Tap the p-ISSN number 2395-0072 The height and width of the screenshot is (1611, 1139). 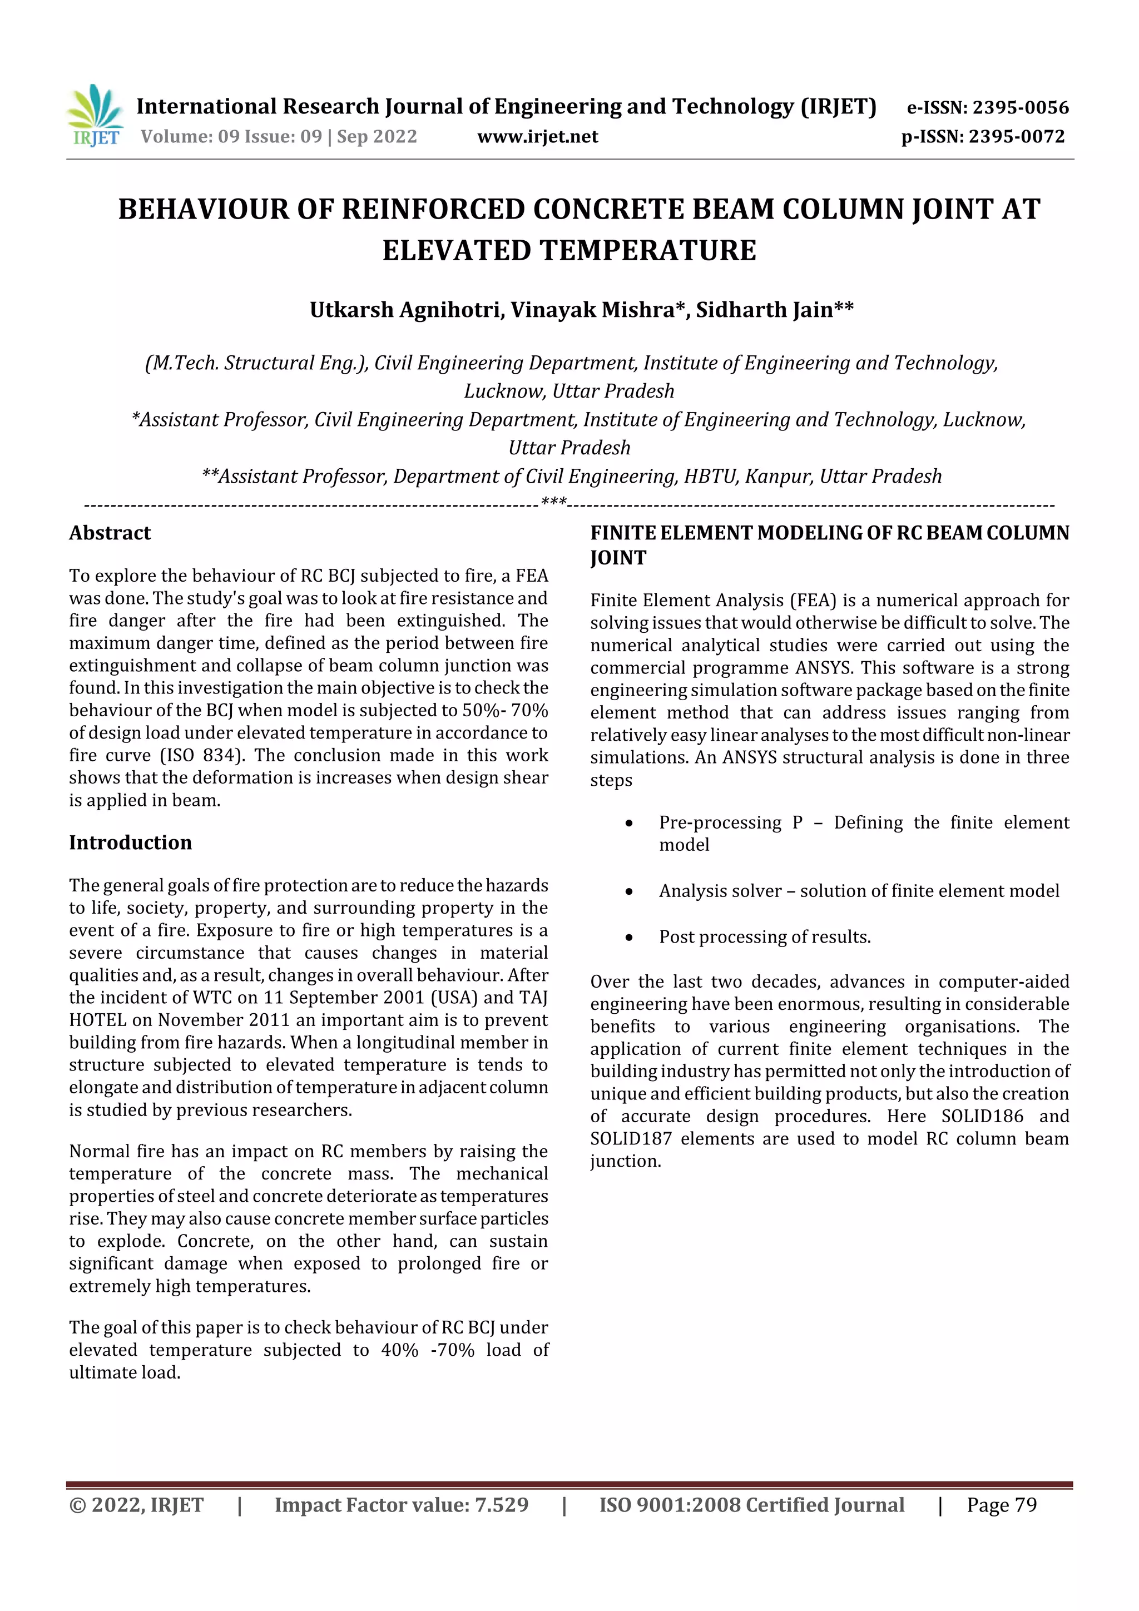tap(1016, 137)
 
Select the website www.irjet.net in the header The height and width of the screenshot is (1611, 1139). tap(538, 137)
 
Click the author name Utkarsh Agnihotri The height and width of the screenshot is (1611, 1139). tap(407, 310)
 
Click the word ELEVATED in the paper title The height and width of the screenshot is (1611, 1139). tap(456, 250)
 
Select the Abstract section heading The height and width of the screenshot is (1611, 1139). tap(110, 533)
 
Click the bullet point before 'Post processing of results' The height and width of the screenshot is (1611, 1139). tap(630, 938)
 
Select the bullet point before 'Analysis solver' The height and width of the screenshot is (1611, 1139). tap(630, 892)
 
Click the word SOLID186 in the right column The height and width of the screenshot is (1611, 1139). tap(982, 1116)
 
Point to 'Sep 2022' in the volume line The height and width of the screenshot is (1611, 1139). tap(377, 137)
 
